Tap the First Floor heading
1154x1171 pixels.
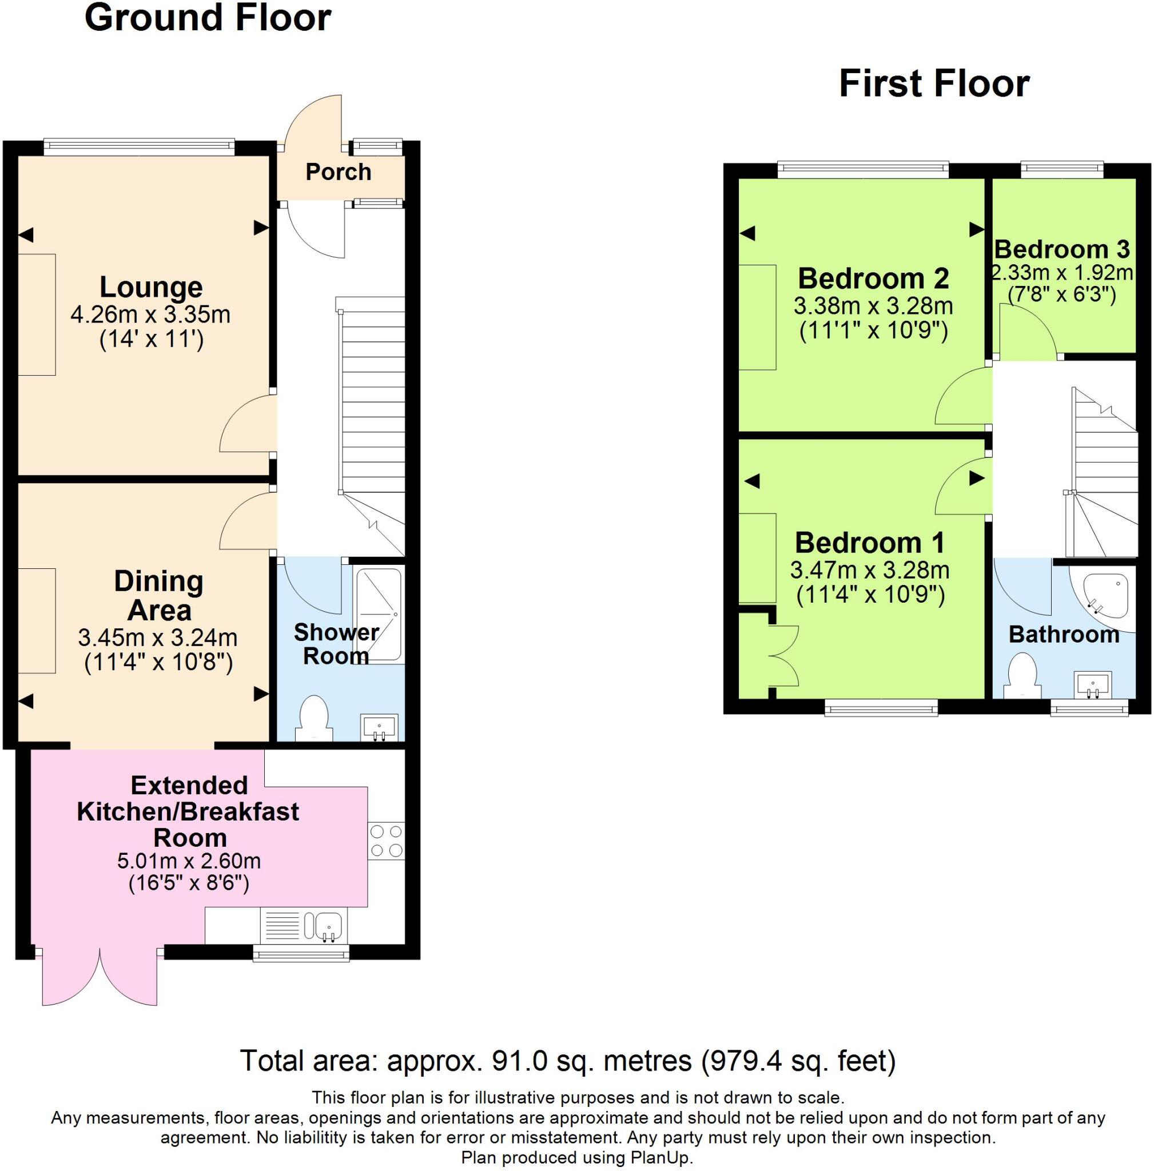point(933,83)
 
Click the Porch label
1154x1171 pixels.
point(338,172)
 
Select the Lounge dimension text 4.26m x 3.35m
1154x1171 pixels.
point(150,314)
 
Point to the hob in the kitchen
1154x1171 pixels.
point(386,841)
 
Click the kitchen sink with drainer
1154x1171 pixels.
point(304,926)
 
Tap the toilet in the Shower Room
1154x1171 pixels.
point(314,718)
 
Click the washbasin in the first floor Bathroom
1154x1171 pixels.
point(1092,686)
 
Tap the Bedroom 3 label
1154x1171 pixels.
point(1062,249)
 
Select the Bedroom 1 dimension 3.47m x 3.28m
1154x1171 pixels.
point(869,569)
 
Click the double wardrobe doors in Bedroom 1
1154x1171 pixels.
point(786,655)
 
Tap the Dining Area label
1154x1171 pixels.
point(159,595)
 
